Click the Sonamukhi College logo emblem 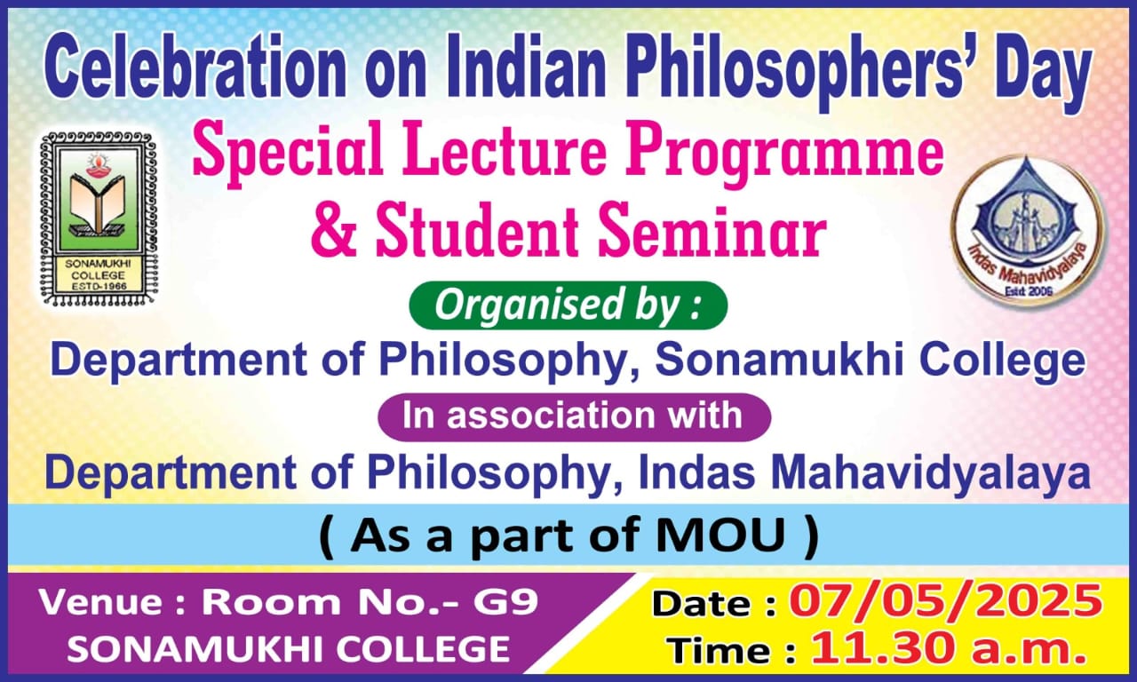point(99,218)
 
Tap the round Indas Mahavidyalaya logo point(1029,226)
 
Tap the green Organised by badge point(568,306)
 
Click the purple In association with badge point(574,416)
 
